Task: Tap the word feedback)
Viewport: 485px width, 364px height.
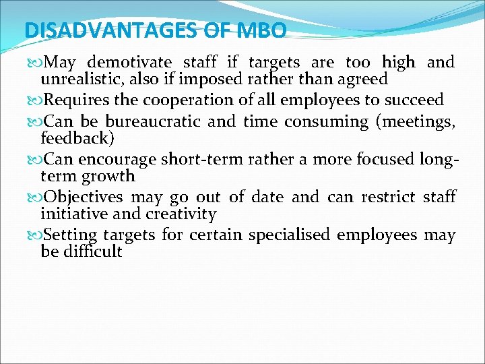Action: click(77, 138)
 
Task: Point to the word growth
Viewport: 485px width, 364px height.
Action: click(108, 177)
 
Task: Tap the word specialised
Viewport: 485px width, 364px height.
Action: click(289, 235)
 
